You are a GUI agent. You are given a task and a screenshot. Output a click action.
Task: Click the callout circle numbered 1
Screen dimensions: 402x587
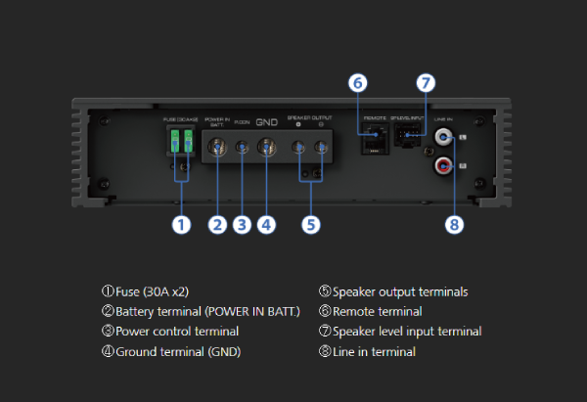tap(180, 224)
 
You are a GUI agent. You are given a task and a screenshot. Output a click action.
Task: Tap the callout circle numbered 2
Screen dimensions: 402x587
tap(217, 224)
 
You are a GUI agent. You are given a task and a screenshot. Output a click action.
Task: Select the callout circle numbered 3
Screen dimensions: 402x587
tap(242, 224)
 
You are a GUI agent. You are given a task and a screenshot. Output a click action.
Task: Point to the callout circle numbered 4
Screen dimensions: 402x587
tap(266, 224)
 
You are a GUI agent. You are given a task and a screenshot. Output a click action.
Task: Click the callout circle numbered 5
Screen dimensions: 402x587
tap(310, 224)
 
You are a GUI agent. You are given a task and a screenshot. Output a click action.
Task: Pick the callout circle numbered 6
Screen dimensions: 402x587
tap(357, 83)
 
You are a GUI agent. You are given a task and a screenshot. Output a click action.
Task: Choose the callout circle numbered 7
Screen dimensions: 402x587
tap(426, 83)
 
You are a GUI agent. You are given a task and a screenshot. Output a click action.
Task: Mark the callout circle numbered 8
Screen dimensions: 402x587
tap(453, 224)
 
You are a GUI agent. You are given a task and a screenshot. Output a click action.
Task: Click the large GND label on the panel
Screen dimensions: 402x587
tap(266, 124)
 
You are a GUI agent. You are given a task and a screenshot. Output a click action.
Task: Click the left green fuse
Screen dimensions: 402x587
tap(172, 143)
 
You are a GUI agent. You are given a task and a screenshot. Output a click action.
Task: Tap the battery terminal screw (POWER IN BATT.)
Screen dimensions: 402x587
tap(217, 149)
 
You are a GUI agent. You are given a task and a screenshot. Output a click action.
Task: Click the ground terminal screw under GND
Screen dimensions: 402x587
tap(265, 149)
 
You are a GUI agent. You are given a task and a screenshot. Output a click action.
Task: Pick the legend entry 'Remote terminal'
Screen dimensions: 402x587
tap(377, 311)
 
